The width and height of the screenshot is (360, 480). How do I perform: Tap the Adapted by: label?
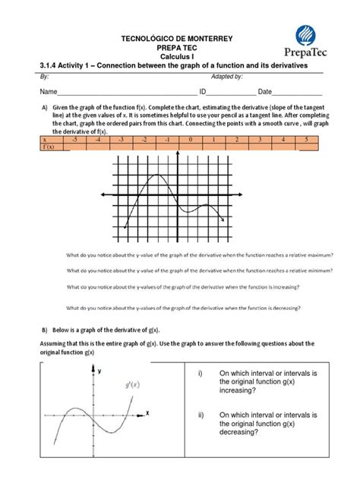[x=226, y=77]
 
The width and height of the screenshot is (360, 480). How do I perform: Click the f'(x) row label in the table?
[x=49, y=147]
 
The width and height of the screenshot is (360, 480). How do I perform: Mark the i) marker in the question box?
[x=200, y=373]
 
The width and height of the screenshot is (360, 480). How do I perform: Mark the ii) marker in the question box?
[x=201, y=415]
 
